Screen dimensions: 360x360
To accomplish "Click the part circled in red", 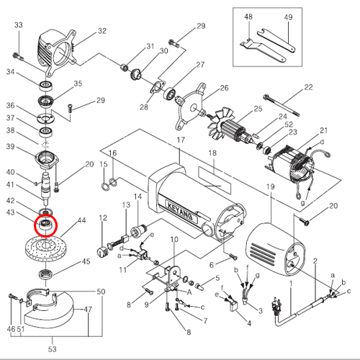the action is [x=45, y=225].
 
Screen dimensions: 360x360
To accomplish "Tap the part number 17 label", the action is [x=181, y=140].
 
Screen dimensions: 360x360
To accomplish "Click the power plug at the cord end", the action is [x=275, y=307].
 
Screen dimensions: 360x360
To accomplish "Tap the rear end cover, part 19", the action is [x=275, y=250].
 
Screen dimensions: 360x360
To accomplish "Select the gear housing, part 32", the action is [x=56, y=52].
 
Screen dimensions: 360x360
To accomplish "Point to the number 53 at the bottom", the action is [x=52, y=348].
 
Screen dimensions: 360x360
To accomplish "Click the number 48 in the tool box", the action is [x=248, y=17].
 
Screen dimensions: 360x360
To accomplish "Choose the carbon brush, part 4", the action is [x=233, y=307].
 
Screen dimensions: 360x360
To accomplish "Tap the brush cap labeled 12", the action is [x=102, y=251].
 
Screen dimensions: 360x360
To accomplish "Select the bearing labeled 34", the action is [x=46, y=86].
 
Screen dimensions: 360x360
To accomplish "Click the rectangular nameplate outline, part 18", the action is [x=215, y=180].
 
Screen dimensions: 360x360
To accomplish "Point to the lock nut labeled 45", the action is [x=45, y=274].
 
